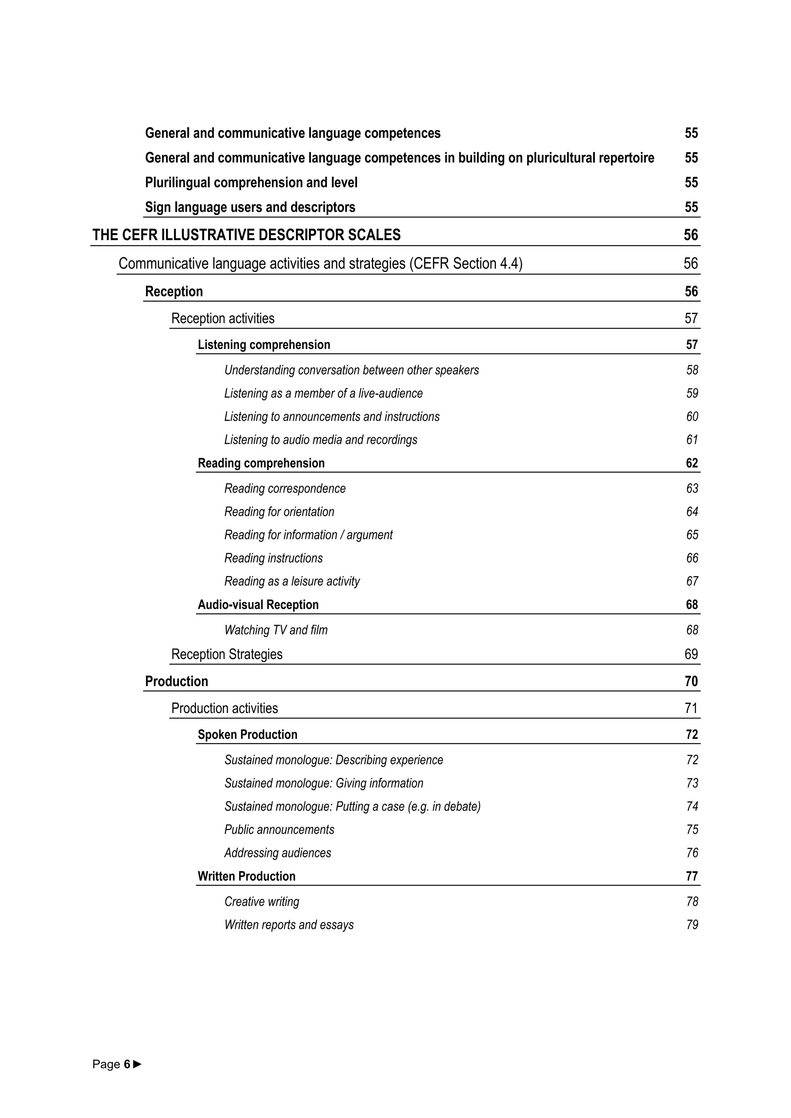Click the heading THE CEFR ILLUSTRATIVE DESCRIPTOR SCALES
click(x=246, y=235)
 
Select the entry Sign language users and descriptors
click(x=250, y=207)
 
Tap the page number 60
click(x=692, y=417)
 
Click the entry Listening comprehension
click(x=264, y=345)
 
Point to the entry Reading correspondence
click(x=285, y=488)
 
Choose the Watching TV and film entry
click(x=276, y=630)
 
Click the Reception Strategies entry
click(x=227, y=654)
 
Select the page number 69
click(x=691, y=654)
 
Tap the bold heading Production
click(x=177, y=681)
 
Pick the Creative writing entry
click(x=261, y=902)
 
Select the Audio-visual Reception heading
click(x=258, y=605)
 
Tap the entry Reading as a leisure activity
click(x=292, y=581)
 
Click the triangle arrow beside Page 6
click(x=137, y=1064)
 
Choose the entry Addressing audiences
click(x=278, y=853)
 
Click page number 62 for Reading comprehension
click(x=692, y=463)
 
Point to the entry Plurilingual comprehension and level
click(x=251, y=183)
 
